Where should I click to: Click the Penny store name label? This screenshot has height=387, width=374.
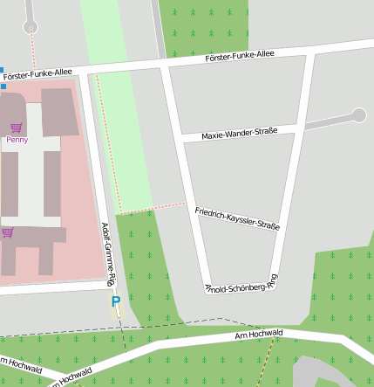(16, 139)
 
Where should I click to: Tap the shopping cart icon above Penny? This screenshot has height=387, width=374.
(16, 128)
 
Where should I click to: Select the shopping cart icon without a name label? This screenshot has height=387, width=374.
(8, 232)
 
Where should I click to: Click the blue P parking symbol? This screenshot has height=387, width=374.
(115, 301)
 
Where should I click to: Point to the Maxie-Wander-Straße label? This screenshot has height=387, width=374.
(239, 134)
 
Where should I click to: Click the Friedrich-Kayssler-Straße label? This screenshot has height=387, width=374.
(237, 218)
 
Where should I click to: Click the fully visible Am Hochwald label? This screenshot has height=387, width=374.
(260, 335)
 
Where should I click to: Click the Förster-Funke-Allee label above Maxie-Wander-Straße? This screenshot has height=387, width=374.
(239, 55)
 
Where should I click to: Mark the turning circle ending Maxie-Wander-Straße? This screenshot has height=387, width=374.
(358, 114)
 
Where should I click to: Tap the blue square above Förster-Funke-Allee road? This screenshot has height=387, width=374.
(2, 70)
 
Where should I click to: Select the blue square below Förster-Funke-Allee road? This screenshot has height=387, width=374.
(3, 86)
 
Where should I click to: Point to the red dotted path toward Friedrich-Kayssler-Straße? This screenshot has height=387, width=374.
(153, 208)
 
